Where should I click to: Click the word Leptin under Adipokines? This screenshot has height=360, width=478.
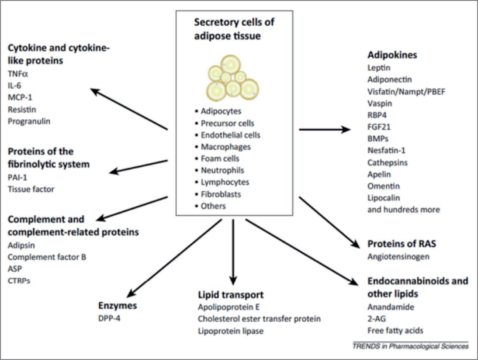point(379,68)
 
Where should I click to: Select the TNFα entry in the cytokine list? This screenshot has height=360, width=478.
point(18,74)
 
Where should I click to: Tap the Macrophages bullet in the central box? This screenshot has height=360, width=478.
point(226,147)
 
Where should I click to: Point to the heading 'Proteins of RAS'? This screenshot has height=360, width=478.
point(401,244)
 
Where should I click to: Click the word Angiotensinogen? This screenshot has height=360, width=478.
point(398,257)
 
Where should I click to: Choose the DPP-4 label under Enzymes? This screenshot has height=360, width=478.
point(109,319)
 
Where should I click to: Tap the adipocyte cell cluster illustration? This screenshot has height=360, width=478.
point(233,78)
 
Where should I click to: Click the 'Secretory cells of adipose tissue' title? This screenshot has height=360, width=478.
point(234,29)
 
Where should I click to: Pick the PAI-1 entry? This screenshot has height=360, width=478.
point(18,178)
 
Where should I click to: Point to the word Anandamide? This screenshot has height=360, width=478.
point(391,307)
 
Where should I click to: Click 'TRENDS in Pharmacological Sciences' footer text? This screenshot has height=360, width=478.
point(410,346)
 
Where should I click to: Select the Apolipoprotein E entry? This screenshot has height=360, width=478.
point(229,307)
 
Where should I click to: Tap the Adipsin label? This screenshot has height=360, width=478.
point(21,245)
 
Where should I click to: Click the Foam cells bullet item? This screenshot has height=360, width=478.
point(220,159)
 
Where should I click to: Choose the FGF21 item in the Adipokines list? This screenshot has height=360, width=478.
point(379,127)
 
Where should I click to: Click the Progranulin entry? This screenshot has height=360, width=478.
point(29,121)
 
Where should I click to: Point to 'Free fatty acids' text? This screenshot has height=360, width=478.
point(395,331)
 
